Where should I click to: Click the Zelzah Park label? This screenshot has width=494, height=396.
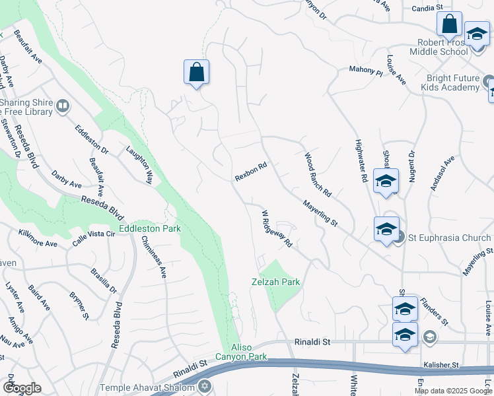tap(276, 282)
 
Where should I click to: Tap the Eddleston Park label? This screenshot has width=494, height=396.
tap(149, 228)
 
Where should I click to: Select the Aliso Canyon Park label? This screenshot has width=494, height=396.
tap(248, 352)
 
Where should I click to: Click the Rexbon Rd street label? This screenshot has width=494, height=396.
tap(250, 172)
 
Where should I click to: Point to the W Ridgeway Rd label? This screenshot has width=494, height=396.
tap(277, 229)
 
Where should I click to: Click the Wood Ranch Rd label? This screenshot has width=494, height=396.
tap(318, 174)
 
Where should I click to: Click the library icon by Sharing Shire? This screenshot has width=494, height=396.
tap(63, 106)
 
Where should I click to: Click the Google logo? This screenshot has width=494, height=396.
tap(22, 388)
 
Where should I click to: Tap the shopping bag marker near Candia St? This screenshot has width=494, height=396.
tap(449, 24)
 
